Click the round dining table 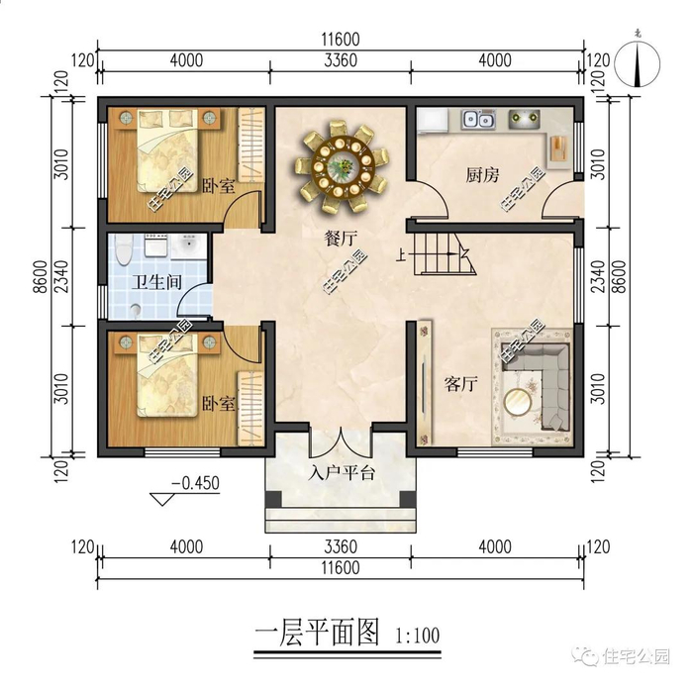(343, 166)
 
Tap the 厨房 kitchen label (482, 175)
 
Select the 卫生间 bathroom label (156, 281)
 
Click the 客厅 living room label (461, 384)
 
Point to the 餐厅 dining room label (341, 239)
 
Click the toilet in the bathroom (124, 248)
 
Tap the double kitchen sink (478, 120)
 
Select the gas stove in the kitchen (525, 118)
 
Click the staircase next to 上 (445, 253)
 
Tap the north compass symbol (638, 63)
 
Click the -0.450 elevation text (195, 483)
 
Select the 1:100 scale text (418, 637)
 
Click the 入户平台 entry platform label (342, 473)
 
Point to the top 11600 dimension (341, 40)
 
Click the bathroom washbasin (189, 245)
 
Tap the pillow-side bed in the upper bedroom (167, 150)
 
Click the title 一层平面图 (317, 634)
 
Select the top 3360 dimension (341, 60)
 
